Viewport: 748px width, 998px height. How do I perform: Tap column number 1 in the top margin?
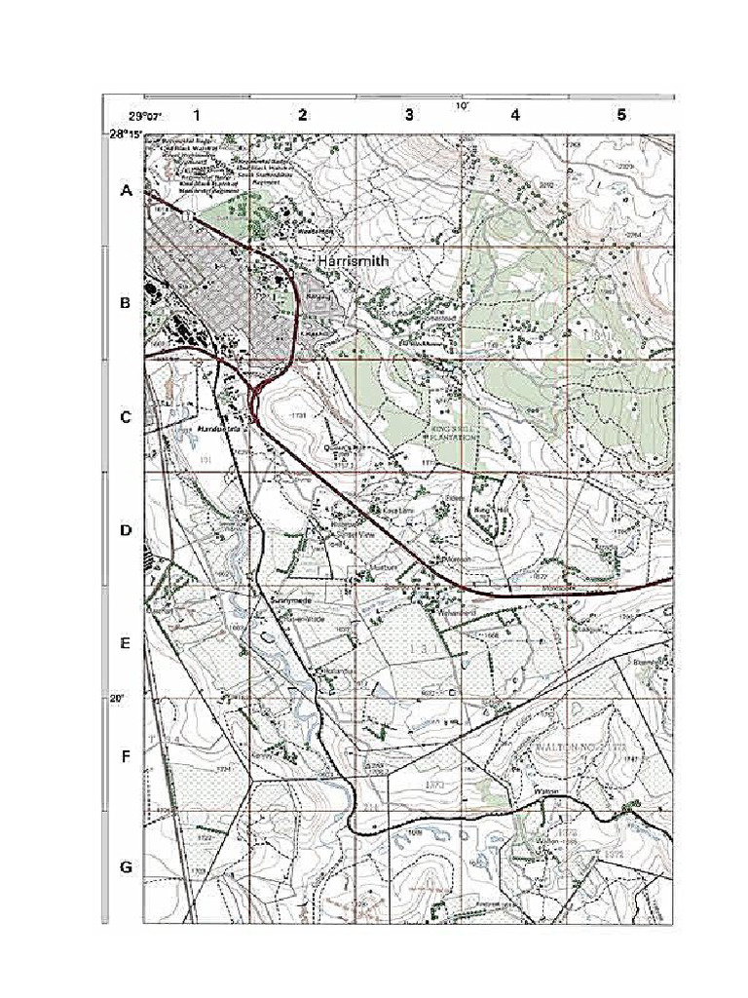coord(196,115)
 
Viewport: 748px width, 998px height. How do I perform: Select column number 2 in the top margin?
coord(303,115)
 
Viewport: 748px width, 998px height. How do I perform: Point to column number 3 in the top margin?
coord(409,115)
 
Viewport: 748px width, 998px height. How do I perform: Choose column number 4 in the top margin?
coord(515,115)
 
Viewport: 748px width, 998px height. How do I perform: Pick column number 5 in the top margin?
coord(621,115)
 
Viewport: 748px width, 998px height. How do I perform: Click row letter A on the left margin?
coord(126,192)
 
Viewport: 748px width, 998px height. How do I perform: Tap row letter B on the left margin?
coord(126,303)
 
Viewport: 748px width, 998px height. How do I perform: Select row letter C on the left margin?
coord(126,417)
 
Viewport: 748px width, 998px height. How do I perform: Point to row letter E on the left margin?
coord(126,643)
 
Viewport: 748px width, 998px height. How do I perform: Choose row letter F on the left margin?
coord(126,756)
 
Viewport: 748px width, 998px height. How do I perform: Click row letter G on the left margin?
coord(126,867)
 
